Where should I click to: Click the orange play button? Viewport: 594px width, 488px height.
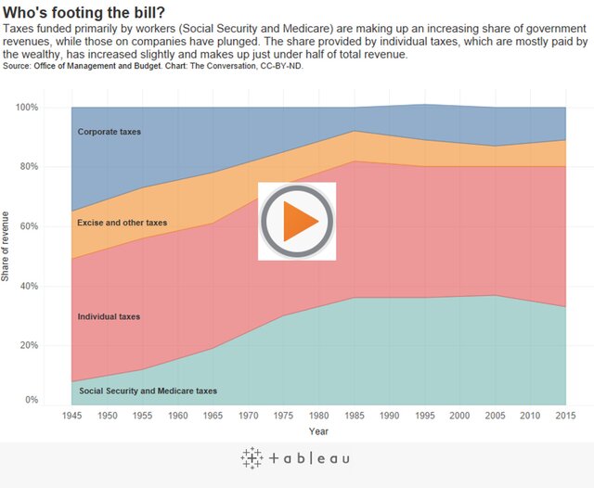point(296,222)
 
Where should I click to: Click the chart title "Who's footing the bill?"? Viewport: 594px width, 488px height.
point(84,12)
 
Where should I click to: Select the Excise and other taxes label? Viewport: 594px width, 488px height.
point(123,223)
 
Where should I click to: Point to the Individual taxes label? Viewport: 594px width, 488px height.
point(110,316)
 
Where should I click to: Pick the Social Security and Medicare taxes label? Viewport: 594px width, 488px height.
point(148,391)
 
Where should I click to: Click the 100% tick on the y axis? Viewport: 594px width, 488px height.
point(51,108)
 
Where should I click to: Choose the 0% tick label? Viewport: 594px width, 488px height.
point(57,400)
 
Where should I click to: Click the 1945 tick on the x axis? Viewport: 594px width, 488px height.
point(71,416)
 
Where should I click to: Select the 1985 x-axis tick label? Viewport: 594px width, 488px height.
point(354,416)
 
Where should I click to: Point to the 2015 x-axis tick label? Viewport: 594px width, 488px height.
point(565,416)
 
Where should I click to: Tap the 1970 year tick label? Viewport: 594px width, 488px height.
point(248,416)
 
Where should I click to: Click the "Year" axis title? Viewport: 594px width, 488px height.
point(318,430)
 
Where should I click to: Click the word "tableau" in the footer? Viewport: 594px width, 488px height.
point(310,458)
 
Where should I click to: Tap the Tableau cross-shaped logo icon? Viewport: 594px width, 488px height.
point(252,457)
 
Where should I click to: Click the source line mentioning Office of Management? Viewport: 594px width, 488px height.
point(148,66)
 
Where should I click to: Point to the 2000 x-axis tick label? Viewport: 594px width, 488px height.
point(459,416)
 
